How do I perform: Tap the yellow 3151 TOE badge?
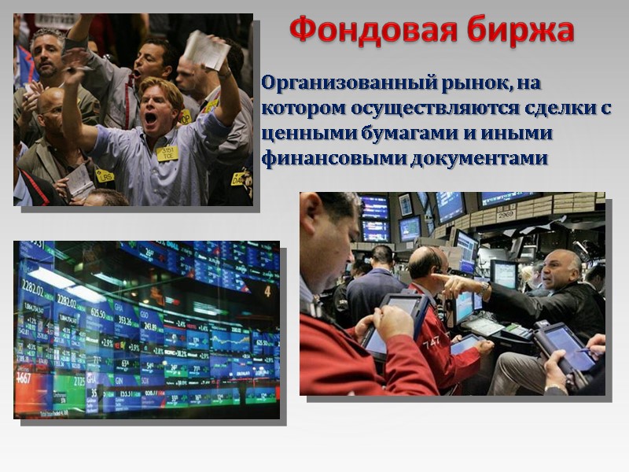click(167, 153)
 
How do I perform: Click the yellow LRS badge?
click(105, 175)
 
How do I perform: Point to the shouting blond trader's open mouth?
click(150, 119)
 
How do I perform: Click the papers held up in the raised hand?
click(206, 50)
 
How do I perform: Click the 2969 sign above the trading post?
click(505, 214)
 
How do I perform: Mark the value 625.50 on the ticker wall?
click(97, 312)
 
